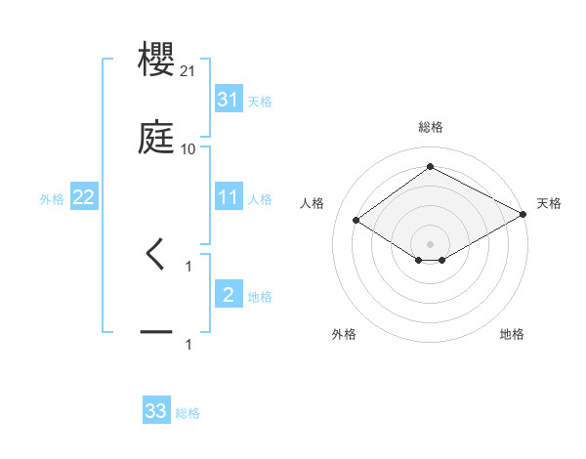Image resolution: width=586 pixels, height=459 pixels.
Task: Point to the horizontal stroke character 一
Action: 157,333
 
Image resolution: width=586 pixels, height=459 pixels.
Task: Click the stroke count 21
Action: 188,72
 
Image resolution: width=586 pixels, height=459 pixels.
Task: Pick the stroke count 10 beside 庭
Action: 188,148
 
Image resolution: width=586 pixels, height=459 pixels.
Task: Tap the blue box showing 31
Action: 229,100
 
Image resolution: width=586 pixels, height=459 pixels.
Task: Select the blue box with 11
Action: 229,197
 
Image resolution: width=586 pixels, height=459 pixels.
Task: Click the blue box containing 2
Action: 229,295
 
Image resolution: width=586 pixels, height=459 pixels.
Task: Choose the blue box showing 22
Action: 84,197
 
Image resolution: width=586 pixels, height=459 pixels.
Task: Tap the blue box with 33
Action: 156,411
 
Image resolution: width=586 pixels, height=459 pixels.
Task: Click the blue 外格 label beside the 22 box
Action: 52,199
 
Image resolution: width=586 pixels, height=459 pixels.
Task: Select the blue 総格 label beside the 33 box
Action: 188,413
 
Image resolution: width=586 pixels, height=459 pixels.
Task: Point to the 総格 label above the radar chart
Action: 431,127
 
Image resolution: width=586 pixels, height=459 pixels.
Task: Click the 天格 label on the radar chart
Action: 549,203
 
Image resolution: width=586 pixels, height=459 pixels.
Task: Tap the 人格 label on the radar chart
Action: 313,203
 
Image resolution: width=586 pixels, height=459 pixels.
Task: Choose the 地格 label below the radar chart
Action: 512,334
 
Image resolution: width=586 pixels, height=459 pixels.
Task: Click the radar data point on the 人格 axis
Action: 356,221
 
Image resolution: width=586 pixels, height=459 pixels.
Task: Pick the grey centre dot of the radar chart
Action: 431,243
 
